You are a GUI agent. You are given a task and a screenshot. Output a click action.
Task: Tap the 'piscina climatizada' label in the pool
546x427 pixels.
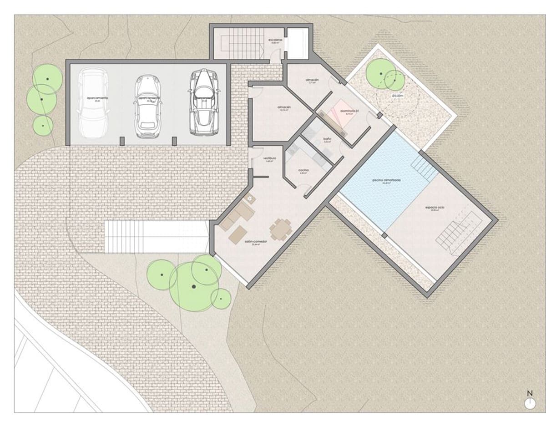click(386, 180)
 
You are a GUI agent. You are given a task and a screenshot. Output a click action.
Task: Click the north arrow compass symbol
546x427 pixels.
click(529, 402)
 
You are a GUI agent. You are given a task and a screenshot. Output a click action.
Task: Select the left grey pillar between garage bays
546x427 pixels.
click(121, 141)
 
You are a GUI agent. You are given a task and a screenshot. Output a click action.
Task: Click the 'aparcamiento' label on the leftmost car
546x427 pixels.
click(94, 98)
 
